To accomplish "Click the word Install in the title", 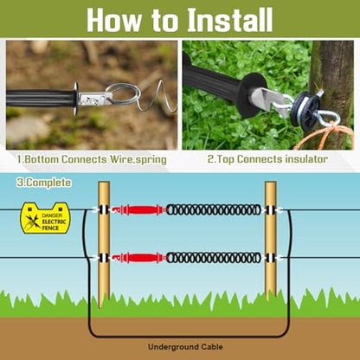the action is [x=230, y=20].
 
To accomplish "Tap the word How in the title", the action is [x=113, y=20].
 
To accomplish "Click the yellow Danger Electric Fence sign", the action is [x=45, y=218].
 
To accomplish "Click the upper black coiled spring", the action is [x=214, y=209].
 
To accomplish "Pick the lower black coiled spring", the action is [x=214, y=258].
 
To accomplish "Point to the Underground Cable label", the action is [x=185, y=347].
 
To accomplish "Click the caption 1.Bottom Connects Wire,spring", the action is [x=92, y=159].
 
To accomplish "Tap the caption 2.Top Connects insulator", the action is [x=267, y=159].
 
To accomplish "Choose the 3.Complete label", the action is [x=44, y=183].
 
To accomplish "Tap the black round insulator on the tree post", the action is [x=305, y=109].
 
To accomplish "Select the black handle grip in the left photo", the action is [x=41, y=98].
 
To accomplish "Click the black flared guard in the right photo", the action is [x=250, y=93].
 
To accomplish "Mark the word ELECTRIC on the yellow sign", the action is [x=54, y=222].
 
